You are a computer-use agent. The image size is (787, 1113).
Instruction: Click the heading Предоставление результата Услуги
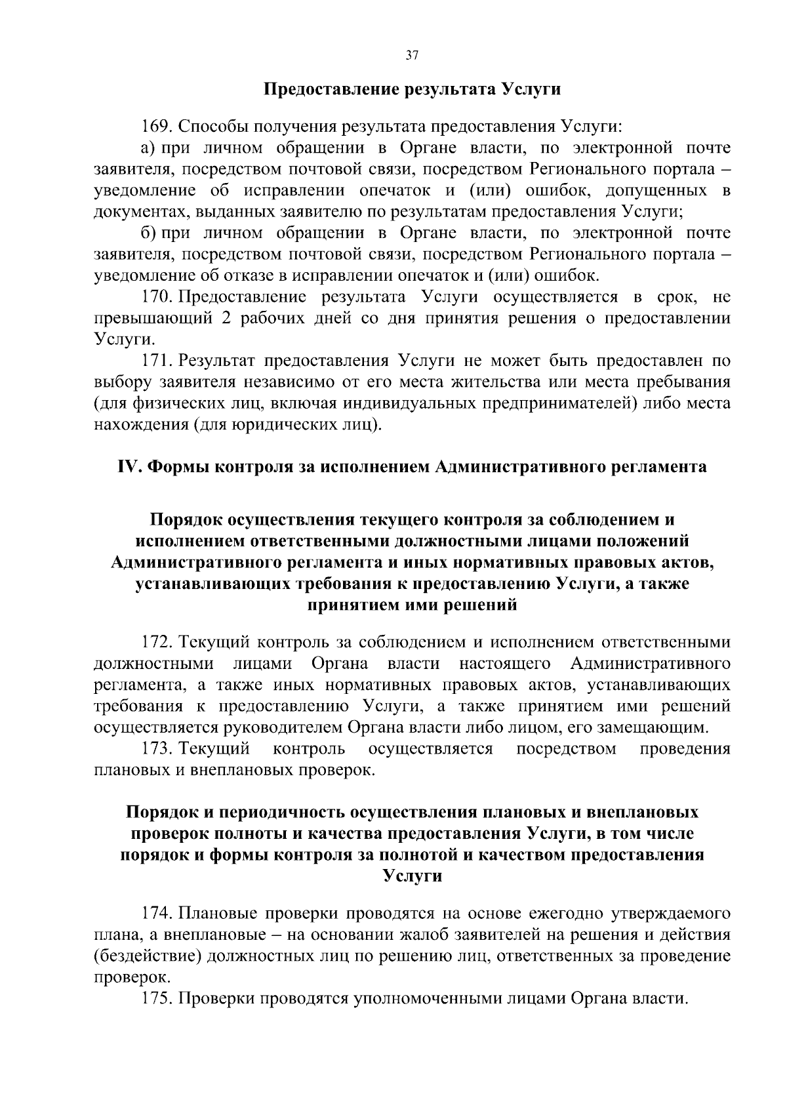click(x=412, y=89)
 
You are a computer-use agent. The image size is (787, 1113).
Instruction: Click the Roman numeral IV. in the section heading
click(x=129, y=467)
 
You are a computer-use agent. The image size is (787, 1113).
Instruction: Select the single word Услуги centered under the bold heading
click(x=412, y=876)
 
